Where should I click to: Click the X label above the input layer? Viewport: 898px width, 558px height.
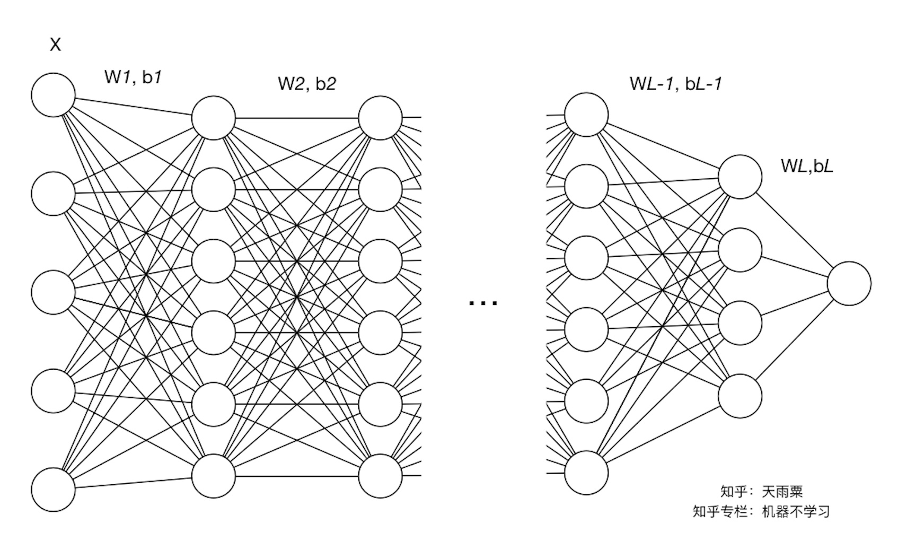point(55,44)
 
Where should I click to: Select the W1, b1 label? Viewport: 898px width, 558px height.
point(133,77)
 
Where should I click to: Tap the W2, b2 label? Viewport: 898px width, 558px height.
point(306,83)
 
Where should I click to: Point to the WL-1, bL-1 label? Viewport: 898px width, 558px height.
point(675,83)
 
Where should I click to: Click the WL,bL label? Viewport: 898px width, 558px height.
point(807,165)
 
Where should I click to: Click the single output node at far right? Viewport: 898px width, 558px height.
point(849,283)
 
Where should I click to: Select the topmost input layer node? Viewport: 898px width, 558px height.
point(53,95)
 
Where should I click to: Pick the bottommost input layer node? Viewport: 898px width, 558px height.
point(53,489)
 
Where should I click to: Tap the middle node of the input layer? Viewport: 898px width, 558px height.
point(53,292)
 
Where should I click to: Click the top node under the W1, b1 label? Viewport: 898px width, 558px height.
point(214,118)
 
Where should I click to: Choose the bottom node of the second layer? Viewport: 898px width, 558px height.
point(214,476)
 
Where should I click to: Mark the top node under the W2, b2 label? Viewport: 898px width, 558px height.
point(380,118)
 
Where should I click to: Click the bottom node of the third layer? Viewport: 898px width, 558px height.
point(380,476)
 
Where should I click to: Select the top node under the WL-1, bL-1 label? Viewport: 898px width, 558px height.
point(586,115)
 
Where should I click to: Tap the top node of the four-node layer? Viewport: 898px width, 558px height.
point(740,177)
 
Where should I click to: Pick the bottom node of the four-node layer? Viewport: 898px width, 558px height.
point(740,396)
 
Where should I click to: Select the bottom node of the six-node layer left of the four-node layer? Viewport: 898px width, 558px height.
point(586,473)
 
